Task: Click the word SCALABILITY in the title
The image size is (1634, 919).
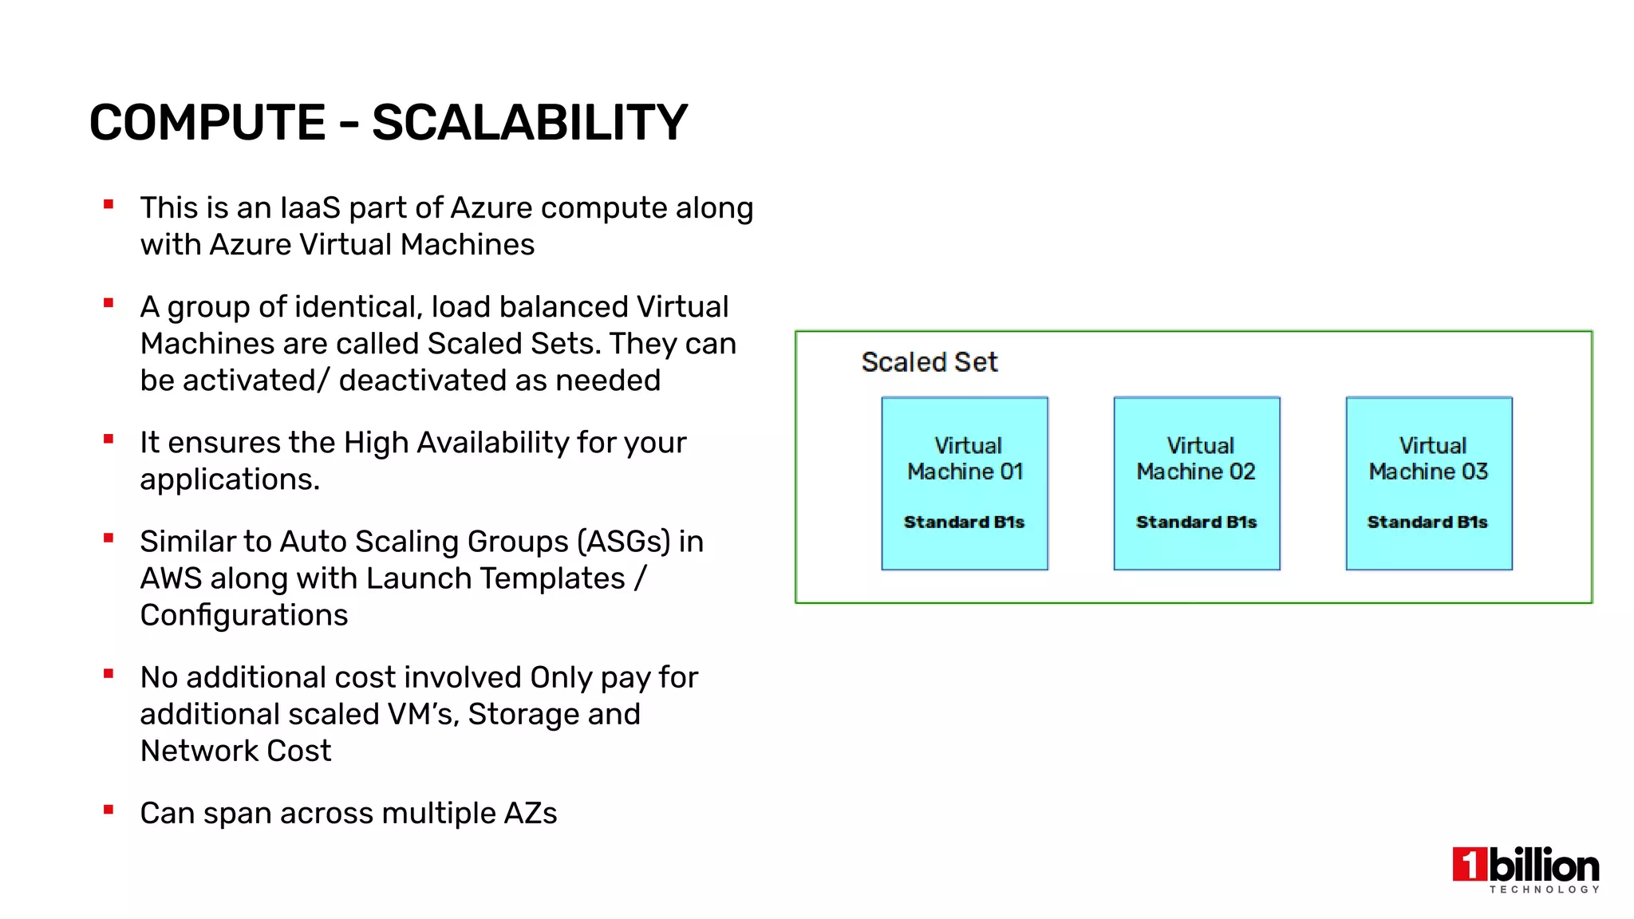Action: pyautogui.click(x=529, y=123)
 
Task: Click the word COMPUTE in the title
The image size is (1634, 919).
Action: pyautogui.click(x=207, y=123)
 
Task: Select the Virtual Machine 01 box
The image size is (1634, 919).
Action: pyautogui.click(x=964, y=483)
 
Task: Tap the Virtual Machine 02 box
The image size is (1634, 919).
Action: pyautogui.click(x=1196, y=483)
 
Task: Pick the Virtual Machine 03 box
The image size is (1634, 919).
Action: pyautogui.click(x=1428, y=483)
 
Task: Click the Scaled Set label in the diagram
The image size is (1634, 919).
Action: pyautogui.click(x=929, y=362)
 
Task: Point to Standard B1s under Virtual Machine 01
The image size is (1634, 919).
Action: pyautogui.click(x=964, y=523)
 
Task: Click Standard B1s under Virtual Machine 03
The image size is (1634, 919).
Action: pyautogui.click(x=1427, y=523)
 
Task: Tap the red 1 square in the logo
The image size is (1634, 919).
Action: pyautogui.click(x=1470, y=865)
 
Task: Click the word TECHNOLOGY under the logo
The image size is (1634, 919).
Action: pyautogui.click(x=1544, y=889)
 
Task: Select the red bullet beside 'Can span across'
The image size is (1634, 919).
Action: pyautogui.click(x=109, y=811)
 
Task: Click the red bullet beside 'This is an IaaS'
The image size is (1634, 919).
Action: pyautogui.click(x=109, y=205)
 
